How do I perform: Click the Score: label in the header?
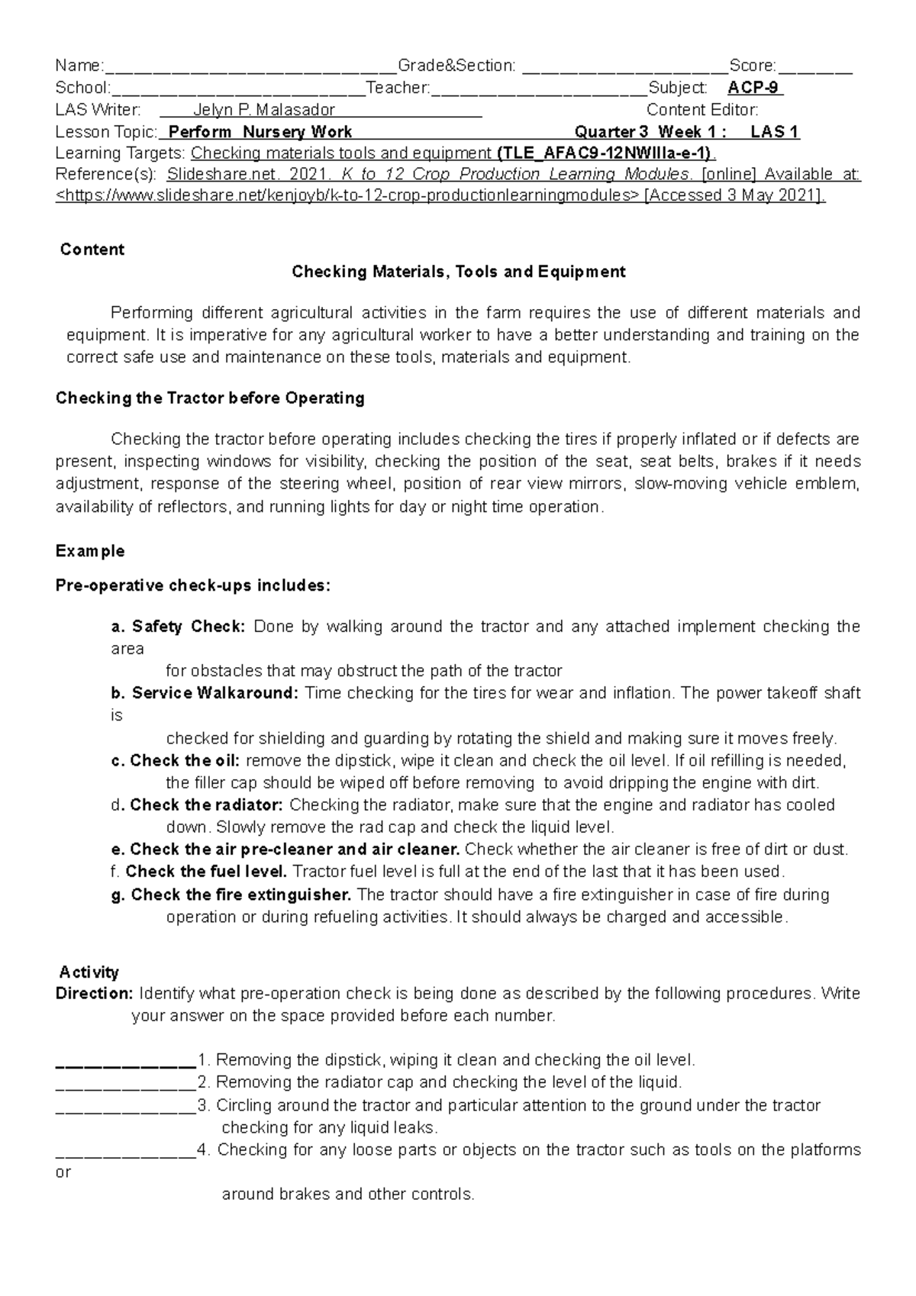coord(753,66)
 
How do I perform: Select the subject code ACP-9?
coord(753,88)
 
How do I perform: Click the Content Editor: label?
coord(702,110)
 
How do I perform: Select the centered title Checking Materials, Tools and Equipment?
coord(459,272)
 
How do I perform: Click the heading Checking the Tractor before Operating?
coord(210,398)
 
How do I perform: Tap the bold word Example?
coord(90,551)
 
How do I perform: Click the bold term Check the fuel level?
coord(206,872)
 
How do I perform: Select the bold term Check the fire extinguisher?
coord(240,895)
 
